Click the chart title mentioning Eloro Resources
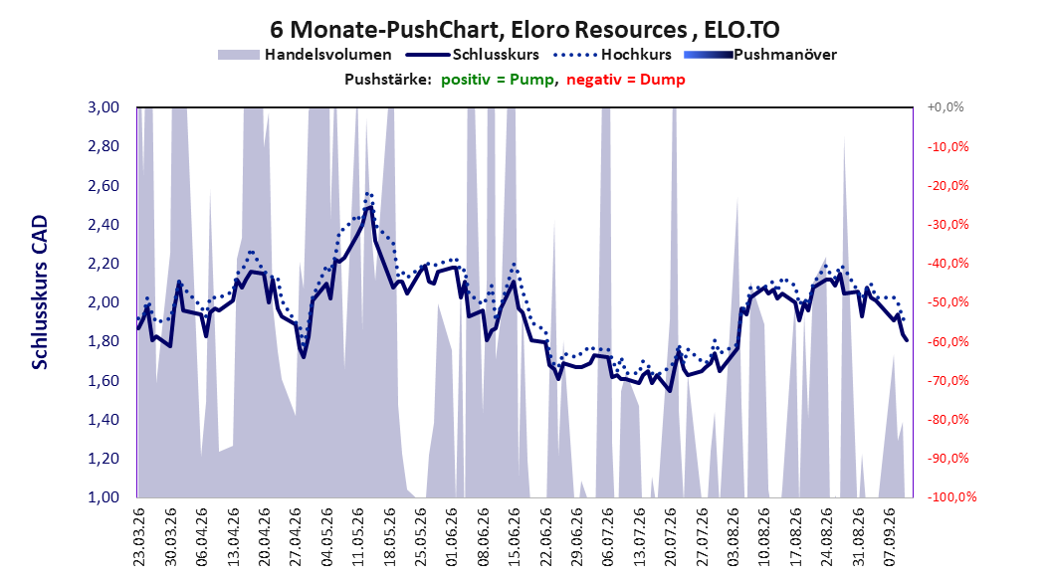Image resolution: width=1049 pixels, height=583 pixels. (524, 30)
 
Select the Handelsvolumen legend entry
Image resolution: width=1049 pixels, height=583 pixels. (306, 55)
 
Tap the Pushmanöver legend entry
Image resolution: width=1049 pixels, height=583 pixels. (760, 55)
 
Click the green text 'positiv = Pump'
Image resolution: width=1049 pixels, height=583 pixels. (497, 80)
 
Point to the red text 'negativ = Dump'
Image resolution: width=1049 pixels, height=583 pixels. (626, 80)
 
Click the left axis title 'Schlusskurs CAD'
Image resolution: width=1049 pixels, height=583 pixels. (40, 292)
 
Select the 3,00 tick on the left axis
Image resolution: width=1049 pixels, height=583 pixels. (104, 107)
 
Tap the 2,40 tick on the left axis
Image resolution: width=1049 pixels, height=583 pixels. (104, 224)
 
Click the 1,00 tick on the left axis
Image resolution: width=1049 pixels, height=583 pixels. (104, 496)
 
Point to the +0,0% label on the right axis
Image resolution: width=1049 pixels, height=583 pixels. (945, 107)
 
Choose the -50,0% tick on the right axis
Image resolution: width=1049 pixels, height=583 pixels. (947, 302)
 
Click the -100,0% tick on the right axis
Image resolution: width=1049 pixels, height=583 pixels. (951, 496)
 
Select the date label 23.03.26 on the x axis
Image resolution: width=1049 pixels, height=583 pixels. (138, 537)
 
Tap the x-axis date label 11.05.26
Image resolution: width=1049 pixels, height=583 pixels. (358, 537)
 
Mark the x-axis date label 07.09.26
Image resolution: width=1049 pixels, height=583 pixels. (891, 537)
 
